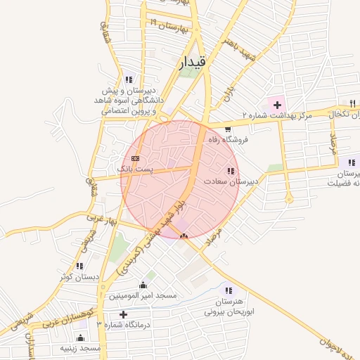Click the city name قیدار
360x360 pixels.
(x=193, y=63)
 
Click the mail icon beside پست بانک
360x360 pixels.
(x=135, y=158)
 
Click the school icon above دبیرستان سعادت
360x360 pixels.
(x=231, y=171)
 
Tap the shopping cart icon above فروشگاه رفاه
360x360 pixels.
(x=228, y=129)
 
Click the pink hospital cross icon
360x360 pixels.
(x=277, y=104)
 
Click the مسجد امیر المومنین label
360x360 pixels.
(x=145, y=297)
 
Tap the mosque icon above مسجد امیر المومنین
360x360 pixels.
(x=144, y=285)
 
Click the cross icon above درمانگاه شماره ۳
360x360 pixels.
(x=124, y=314)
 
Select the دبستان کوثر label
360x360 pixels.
(x=79, y=276)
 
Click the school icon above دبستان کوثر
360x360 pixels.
(x=79, y=266)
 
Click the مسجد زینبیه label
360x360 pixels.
(x=80, y=348)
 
